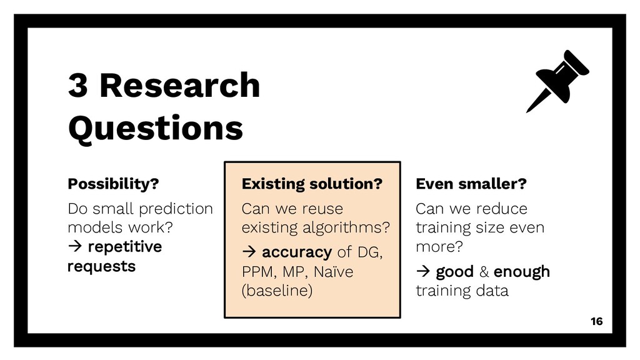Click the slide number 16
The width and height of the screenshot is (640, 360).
(x=596, y=322)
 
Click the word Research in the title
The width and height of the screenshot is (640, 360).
(x=180, y=85)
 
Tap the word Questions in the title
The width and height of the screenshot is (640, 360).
(x=156, y=128)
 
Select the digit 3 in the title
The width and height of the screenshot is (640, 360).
(x=78, y=85)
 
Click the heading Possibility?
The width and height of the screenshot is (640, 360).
(x=113, y=184)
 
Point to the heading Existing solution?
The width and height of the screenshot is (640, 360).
(x=312, y=184)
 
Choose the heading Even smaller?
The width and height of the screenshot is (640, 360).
(x=471, y=184)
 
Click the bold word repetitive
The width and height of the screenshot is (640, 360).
(x=125, y=247)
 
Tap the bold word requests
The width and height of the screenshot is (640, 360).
(x=102, y=266)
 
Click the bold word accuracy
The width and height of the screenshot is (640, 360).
(x=297, y=252)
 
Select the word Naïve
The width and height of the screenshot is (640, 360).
(x=334, y=271)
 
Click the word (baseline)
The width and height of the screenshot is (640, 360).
(x=277, y=291)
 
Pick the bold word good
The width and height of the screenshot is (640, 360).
(x=455, y=272)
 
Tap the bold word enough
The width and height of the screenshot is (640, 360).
(x=522, y=272)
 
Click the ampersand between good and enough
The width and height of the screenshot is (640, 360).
(x=484, y=272)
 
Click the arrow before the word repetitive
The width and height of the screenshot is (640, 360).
(x=75, y=246)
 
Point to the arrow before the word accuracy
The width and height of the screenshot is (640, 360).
(x=249, y=252)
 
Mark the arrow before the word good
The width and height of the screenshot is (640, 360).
(x=423, y=271)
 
